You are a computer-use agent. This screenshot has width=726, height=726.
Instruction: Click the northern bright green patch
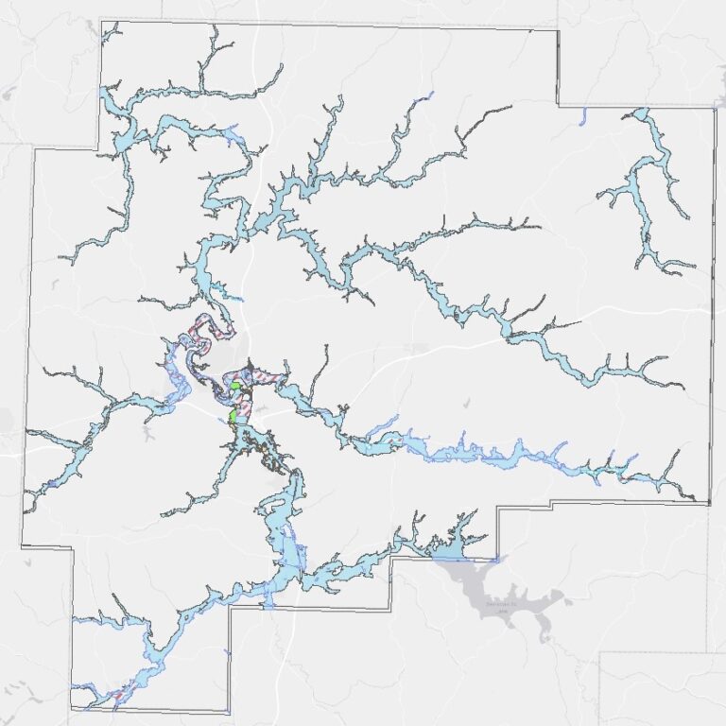pos(234,386)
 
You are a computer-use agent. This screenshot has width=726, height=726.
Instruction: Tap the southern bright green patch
pos(233,415)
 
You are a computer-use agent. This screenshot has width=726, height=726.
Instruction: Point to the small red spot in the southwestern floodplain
pos(117,699)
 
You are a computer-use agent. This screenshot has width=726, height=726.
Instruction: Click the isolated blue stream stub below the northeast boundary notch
pos(582,117)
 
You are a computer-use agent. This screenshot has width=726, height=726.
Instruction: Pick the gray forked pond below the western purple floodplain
pos(149,434)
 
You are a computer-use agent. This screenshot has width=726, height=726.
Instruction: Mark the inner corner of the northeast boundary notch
pos(558,105)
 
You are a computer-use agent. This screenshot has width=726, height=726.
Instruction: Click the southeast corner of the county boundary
pos(709,503)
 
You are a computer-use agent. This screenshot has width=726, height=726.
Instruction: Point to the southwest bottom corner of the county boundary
pos(71,709)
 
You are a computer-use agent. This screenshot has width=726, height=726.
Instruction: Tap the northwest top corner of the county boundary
pos(100,19)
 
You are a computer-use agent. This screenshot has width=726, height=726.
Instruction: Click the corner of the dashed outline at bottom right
pos(601,652)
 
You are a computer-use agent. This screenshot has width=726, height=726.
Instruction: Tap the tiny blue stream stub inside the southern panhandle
pos(227,652)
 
